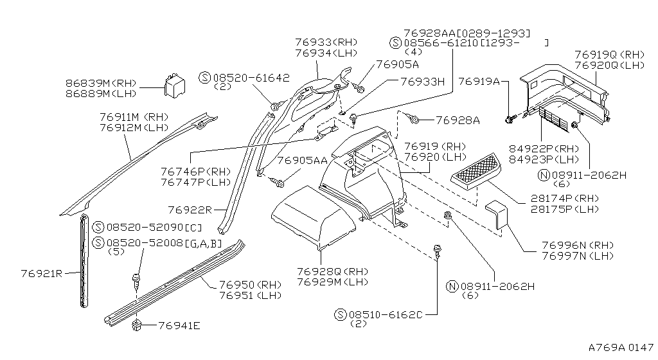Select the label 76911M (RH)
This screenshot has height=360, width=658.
click(x=133, y=117)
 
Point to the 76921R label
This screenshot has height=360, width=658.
click(x=41, y=273)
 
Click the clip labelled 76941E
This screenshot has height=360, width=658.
click(x=136, y=324)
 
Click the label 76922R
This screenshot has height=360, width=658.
click(x=190, y=210)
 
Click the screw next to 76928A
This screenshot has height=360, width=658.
click(x=414, y=120)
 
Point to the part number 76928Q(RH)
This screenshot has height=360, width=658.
click(x=332, y=271)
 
